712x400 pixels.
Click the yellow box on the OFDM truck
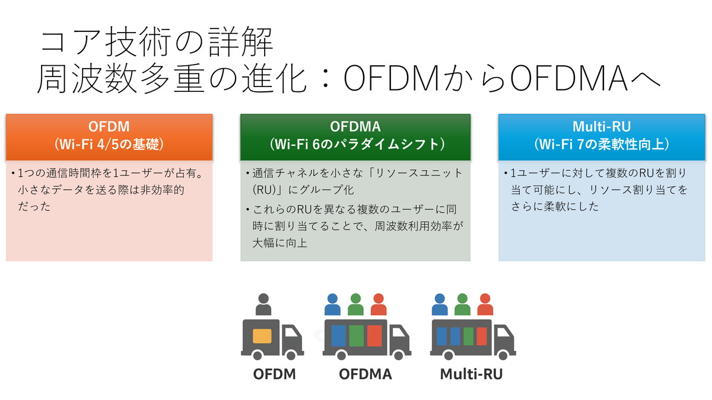262,336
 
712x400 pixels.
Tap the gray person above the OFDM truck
263,305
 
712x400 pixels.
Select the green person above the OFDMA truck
355,305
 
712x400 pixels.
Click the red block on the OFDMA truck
374,336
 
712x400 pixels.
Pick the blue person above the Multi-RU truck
440,305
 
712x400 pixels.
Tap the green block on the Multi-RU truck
468,336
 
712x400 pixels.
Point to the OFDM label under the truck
274,375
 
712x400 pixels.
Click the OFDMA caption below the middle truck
365,375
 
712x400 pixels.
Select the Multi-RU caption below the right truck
471,375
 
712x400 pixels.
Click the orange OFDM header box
109,136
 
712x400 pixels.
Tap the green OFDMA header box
355,136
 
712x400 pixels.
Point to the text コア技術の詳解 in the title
157,43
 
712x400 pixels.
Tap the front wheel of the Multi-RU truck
504,354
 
